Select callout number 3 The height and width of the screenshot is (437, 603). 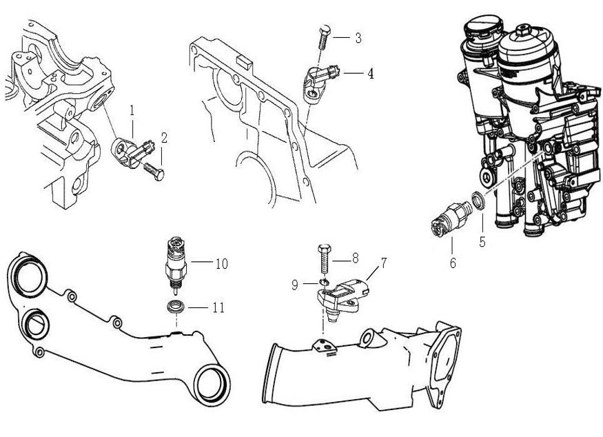pyautogui.click(x=358, y=38)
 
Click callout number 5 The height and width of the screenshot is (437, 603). pyautogui.click(x=482, y=242)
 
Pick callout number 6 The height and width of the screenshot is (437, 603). pyautogui.click(x=452, y=263)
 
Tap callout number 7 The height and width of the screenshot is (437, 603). pyautogui.click(x=383, y=263)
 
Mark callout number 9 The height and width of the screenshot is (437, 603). pyautogui.click(x=295, y=283)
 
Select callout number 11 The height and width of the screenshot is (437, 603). pyautogui.click(x=218, y=307)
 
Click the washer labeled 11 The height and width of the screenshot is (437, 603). pyautogui.click(x=176, y=307)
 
